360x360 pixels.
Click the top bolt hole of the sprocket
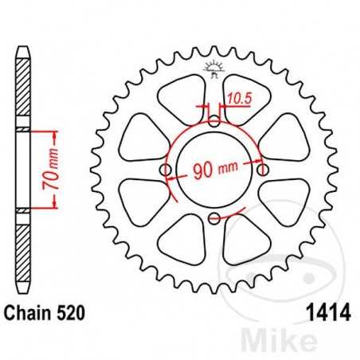215,122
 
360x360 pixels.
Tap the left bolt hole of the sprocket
166,170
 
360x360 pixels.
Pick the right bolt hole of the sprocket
264,170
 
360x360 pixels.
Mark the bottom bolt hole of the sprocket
215,219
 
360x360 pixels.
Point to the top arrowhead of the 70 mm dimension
53,132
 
